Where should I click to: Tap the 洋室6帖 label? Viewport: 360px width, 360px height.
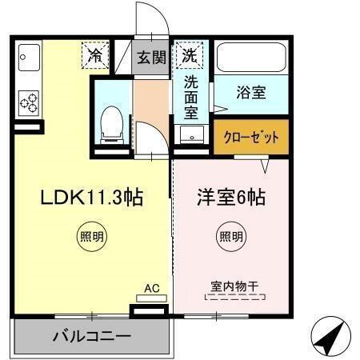coord(231,197)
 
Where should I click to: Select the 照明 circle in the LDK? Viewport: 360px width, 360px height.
coord(91,236)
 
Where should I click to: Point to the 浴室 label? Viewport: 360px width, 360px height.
coord(250,92)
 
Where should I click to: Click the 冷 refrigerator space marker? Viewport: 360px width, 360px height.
coord(95,56)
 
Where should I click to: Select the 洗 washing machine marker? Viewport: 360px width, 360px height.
coord(190,56)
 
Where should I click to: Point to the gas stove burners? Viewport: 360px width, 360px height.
coord(28,102)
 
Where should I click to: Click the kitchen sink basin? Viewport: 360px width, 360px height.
coord(28,58)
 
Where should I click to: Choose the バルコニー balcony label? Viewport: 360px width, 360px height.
coord(91,336)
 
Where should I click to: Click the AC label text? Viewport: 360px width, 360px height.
coord(151,288)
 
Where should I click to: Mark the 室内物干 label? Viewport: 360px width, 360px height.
coord(237,286)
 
